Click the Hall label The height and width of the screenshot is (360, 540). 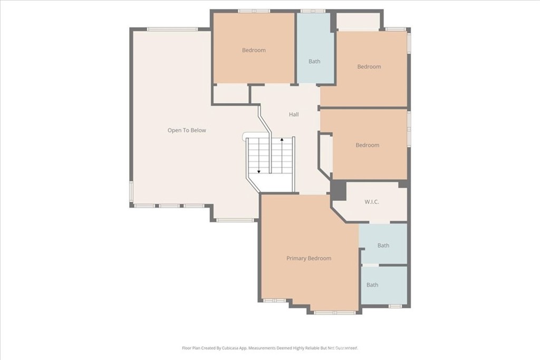coord(294,114)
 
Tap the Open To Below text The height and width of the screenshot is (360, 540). coord(187,130)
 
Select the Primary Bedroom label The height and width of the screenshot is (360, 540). coord(308,258)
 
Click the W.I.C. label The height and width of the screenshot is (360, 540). coord(372,201)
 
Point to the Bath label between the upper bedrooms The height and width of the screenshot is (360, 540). coord(314,61)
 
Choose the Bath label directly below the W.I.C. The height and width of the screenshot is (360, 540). coord(383,246)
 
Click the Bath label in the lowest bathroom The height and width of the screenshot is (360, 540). coord(372,285)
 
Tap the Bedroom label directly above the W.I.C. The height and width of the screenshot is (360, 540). coord(367,145)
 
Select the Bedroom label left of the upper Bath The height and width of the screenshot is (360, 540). coord(254,50)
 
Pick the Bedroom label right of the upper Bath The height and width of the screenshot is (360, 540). coord(369,66)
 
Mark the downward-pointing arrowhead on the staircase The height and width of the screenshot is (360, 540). coord(259,171)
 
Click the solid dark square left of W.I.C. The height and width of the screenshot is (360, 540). coord(337,190)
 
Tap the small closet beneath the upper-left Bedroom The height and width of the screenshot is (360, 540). coord(230,94)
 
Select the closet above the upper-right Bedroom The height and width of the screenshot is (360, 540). coord(359,22)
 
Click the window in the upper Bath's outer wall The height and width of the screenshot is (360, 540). coord(313,11)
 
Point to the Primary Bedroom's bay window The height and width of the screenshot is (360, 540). coord(335,313)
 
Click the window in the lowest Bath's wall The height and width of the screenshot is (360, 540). coord(395,306)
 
